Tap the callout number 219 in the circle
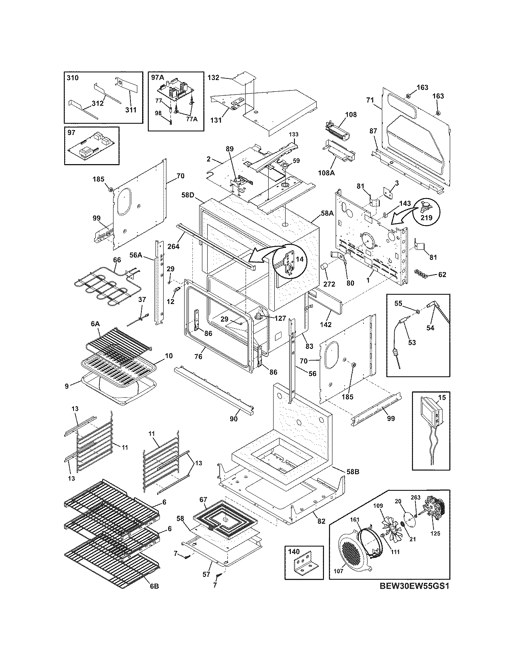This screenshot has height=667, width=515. pyautogui.click(x=427, y=217)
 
